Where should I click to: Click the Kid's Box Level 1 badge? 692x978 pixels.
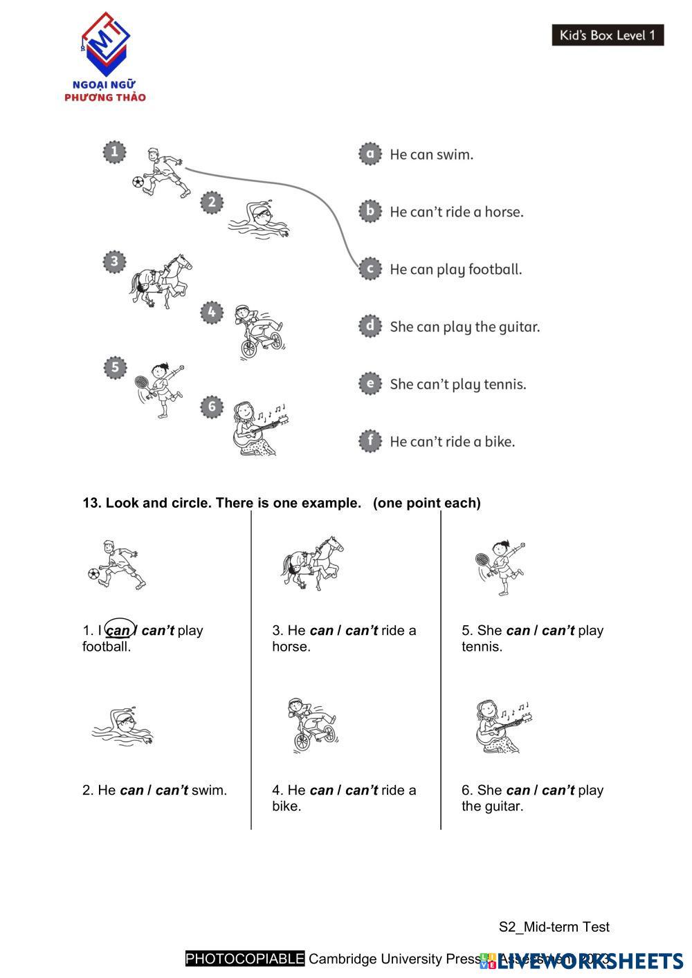pyautogui.click(x=607, y=35)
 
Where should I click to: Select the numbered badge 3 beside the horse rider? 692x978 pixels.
pyautogui.click(x=114, y=262)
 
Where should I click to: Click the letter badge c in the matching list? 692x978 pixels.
pyautogui.click(x=370, y=268)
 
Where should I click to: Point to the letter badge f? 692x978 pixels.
pyautogui.click(x=370, y=441)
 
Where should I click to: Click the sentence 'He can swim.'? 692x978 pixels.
pyautogui.click(x=431, y=154)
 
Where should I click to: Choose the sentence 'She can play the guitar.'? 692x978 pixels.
pyautogui.click(x=464, y=326)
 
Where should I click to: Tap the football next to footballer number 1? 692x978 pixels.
pyautogui.click(x=138, y=183)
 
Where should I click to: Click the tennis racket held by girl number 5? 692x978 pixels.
pyautogui.click(x=142, y=382)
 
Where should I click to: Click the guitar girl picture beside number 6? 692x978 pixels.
pyautogui.click(x=257, y=427)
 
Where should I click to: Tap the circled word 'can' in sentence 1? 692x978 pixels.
pyautogui.click(x=118, y=631)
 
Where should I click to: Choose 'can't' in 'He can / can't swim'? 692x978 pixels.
pyautogui.click(x=172, y=790)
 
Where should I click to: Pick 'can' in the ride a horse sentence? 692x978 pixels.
pyautogui.click(x=321, y=630)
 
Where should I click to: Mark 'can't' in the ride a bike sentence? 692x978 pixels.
pyautogui.click(x=361, y=790)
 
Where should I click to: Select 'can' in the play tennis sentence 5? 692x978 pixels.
pyautogui.click(x=518, y=630)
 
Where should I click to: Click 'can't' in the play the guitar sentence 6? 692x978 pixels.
pyautogui.click(x=558, y=790)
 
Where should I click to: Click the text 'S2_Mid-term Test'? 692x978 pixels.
pyautogui.click(x=554, y=927)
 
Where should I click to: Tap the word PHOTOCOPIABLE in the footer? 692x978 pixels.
pyautogui.click(x=245, y=959)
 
